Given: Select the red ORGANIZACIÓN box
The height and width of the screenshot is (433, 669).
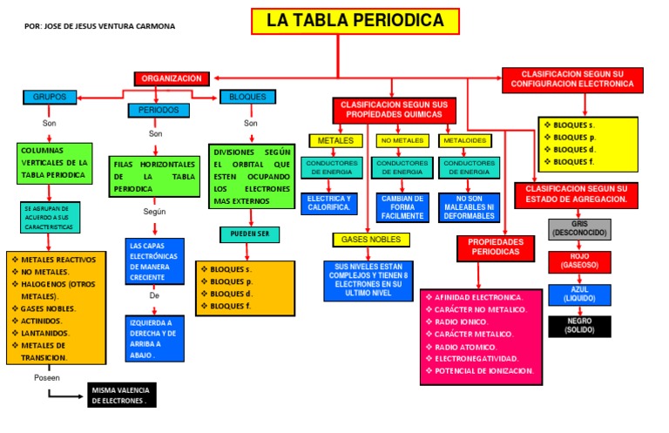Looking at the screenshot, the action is (x=172, y=78).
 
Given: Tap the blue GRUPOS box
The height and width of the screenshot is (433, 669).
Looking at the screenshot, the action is (x=50, y=97).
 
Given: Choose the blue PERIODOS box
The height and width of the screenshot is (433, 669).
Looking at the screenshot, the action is (x=159, y=111).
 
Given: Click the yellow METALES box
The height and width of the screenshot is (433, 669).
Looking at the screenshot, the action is (x=335, y=140).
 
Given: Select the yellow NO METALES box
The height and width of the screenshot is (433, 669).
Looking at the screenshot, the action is (x=401, y=140).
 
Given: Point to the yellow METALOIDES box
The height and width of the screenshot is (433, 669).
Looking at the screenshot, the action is (x=464, y=140).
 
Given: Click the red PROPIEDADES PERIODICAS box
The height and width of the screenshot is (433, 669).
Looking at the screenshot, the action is (x=495, y=247).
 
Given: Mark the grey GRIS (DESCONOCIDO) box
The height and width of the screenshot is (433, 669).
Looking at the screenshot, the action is (x=579, y=229).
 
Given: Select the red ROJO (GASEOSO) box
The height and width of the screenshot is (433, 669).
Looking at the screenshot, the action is (x=579, y=261).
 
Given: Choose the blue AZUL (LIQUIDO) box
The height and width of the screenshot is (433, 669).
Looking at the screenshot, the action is (x=579, y=294).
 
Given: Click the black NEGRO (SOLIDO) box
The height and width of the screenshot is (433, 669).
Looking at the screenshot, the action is (x=579, y=326).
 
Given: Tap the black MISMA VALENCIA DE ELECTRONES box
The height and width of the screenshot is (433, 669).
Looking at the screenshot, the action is (x=122, y=396).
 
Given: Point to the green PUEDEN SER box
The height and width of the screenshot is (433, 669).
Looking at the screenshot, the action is (x=250, y=233).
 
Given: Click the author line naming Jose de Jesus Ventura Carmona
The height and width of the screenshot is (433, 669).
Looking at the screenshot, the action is (x=100, y=26).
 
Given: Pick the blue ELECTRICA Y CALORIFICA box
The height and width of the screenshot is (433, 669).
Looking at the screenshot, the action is (x=329, y=203).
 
